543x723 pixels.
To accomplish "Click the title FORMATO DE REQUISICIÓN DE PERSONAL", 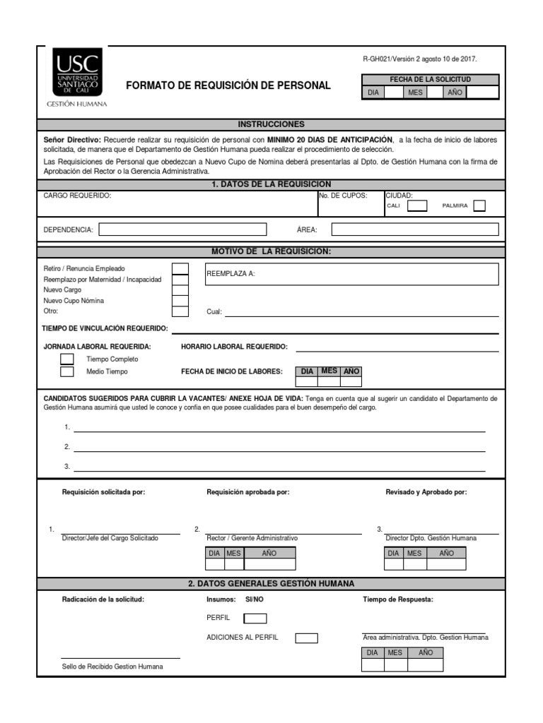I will [x=228, y=85].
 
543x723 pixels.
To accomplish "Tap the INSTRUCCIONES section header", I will [x=271, y=124].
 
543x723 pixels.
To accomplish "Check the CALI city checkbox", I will [x=418, y=206].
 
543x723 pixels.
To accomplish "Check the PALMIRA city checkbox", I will [x=479, y=206].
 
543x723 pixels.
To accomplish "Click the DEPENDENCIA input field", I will [x=183, y=229].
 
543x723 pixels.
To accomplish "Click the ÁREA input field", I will [x=415, y=229].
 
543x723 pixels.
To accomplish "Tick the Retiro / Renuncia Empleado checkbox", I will [x=180, y=268].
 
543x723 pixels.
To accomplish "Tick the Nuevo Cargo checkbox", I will [x=180, y=290].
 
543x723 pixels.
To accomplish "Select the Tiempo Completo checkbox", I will [x=67, y=359].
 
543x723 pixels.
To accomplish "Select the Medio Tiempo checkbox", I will [x=67, y=371].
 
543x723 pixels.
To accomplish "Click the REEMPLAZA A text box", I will [x=351, y=274].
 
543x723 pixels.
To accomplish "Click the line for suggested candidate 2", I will [x=279, y=448].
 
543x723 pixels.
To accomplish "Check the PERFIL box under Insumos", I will [x=255, y=619].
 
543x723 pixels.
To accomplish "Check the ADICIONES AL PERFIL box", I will [x=306, y=638].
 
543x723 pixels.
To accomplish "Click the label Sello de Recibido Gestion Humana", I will [x=112, y=667].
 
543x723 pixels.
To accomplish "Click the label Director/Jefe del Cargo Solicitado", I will [x=110, y=538].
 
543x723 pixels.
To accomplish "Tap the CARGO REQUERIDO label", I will [x=77, y=196].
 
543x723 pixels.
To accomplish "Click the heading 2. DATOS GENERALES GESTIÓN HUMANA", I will [x=271, y=584].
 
